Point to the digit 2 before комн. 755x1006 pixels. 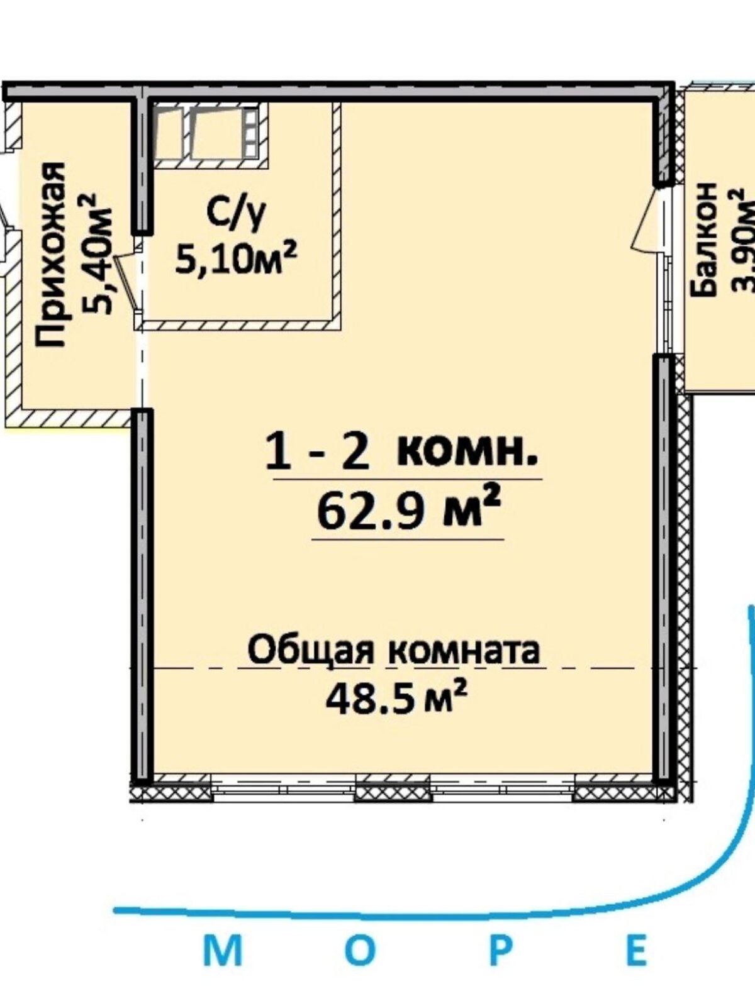(354, 453)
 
